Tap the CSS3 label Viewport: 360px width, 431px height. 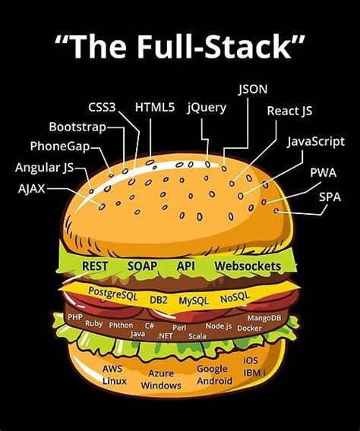(x=101, y=107)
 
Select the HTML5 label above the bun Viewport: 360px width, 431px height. (x=155, y=107)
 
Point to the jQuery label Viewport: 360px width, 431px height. (x=206, y=107)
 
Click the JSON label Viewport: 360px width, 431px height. (x=252, y=89)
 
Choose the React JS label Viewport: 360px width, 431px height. (x=289, y=111)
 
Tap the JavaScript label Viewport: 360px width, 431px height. (x=316, y=141)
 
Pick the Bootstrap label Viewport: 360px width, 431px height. (x=77, y=127)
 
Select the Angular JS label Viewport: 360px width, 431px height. (x=45, y=168)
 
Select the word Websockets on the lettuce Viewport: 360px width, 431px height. (x=248, y=266)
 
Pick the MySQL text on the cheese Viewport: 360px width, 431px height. (x=194, y=300)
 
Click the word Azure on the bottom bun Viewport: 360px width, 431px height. (x=161, y=373)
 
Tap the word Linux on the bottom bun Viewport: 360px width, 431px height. (x=114, y=380)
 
